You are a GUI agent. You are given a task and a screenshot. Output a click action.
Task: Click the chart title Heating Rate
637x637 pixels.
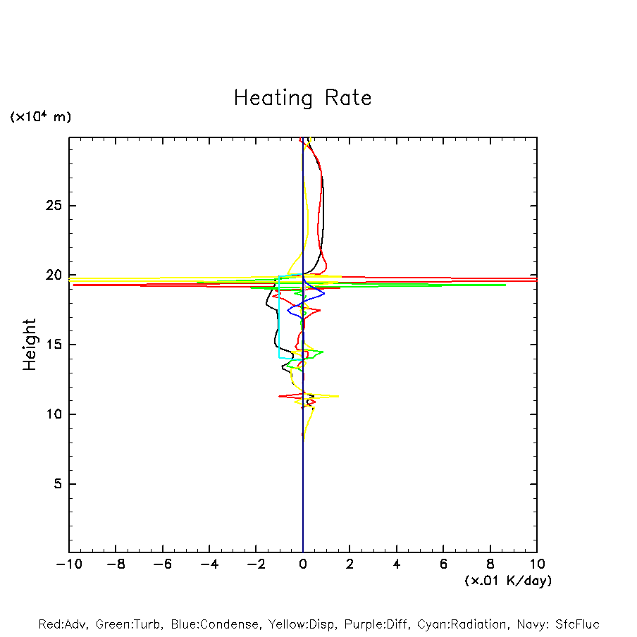tap(302, 98)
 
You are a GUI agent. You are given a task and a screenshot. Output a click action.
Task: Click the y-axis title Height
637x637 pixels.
tap(30, 345)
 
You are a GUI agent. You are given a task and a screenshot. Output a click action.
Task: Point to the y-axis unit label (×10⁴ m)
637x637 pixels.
tap(40, 117)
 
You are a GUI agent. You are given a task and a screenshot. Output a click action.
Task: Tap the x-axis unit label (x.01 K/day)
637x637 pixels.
tap(507, 581)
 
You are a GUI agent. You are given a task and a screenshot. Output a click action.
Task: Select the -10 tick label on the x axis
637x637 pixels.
tap(68, 564)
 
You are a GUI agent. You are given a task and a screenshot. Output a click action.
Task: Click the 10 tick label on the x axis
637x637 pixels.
tap(536, 564)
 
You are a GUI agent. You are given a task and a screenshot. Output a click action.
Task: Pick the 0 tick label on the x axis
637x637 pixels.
tap(303, 564)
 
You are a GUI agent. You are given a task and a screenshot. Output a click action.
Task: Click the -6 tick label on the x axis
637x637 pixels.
tap(162, 564)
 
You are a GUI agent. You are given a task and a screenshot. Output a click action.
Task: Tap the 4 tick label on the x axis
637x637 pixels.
tap(397, 564)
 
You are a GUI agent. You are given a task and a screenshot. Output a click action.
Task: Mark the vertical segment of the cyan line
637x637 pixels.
tap(279, 317)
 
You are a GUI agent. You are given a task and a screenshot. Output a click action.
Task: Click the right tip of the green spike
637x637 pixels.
tap(506, 285)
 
